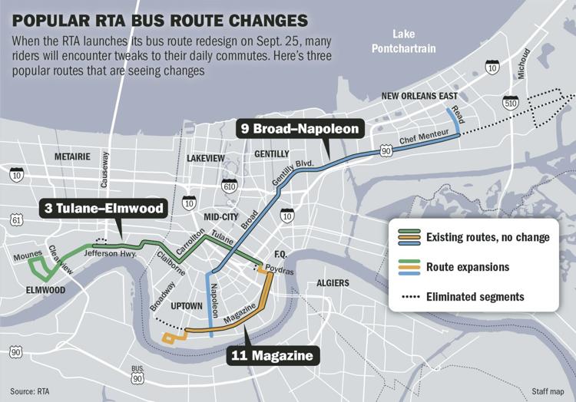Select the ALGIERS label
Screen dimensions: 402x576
(x=333, y=282)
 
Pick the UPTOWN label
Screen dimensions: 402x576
(x=187, y=306)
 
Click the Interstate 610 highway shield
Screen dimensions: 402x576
(x=229, y=186)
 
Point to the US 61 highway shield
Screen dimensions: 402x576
(x=17, y=221)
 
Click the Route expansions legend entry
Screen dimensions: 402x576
(x=467, y=267)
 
